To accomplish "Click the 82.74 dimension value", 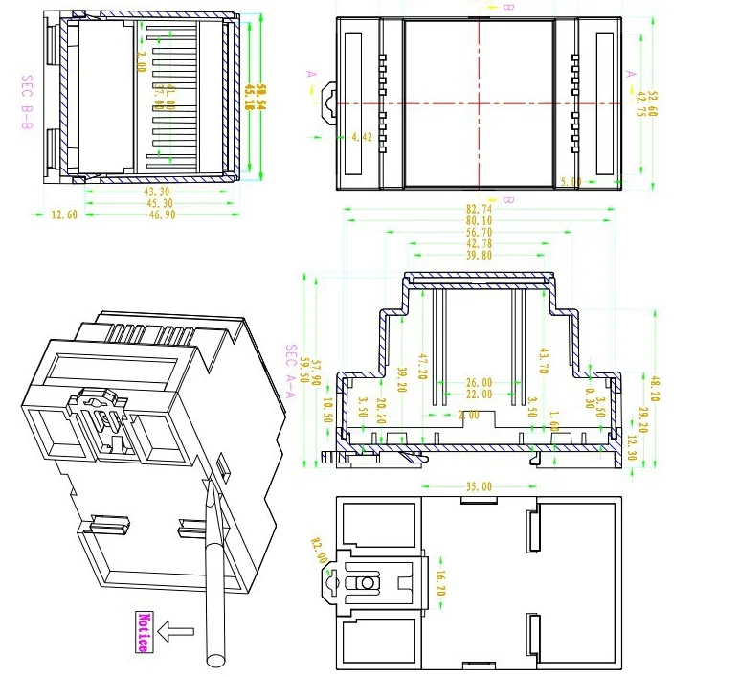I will [x=479, y=208].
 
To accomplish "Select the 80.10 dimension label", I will [x=479, y=220].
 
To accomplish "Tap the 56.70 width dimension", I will [x=479, y=232].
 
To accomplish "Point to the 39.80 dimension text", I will [x=479, y=256].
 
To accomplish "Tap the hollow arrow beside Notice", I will [x=176, y=632].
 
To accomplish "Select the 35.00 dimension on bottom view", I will [x=479, y=486].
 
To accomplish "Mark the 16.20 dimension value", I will [x=440, y=583].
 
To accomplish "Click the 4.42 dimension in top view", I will [x=362, y=138].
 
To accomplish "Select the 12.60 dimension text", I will [x=64, y=215].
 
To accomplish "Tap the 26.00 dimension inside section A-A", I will [x=479, y=382].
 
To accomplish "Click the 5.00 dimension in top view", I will [x=571, y=181].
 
